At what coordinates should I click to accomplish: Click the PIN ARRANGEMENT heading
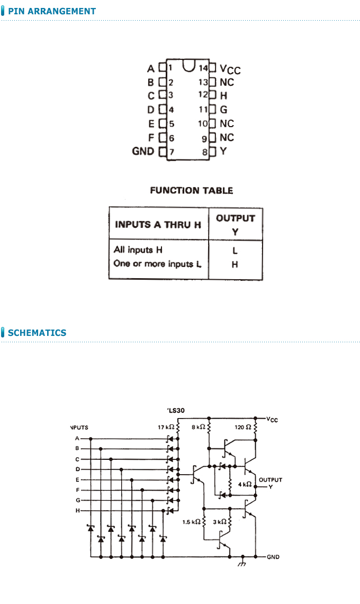(51, 11)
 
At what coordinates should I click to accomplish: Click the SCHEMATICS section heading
(37, 332)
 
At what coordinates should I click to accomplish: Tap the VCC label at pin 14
(230, 69)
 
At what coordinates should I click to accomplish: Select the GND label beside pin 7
(143, 151)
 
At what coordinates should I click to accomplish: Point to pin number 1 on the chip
(170, 68)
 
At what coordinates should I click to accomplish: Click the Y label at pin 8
(223, 151)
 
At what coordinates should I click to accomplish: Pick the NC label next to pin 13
(227, 82)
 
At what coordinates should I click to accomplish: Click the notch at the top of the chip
(188, 66)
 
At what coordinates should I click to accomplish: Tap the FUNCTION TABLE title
(191, 190)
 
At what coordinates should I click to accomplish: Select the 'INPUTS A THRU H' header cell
(158, 225)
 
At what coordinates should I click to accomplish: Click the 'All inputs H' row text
(138, 250)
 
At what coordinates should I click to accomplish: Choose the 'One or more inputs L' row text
(157, 264)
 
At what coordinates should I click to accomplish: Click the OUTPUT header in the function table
(235, 218)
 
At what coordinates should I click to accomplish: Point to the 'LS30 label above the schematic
(176, 410)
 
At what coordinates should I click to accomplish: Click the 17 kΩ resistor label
(166, 427)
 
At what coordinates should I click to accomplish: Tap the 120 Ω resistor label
(243, 427)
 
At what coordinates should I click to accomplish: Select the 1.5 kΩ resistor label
(191, 522)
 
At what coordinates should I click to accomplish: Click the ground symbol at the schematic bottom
(242, 562)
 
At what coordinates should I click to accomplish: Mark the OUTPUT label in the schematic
(271, 480)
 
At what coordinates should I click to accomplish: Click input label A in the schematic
(77, 438)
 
